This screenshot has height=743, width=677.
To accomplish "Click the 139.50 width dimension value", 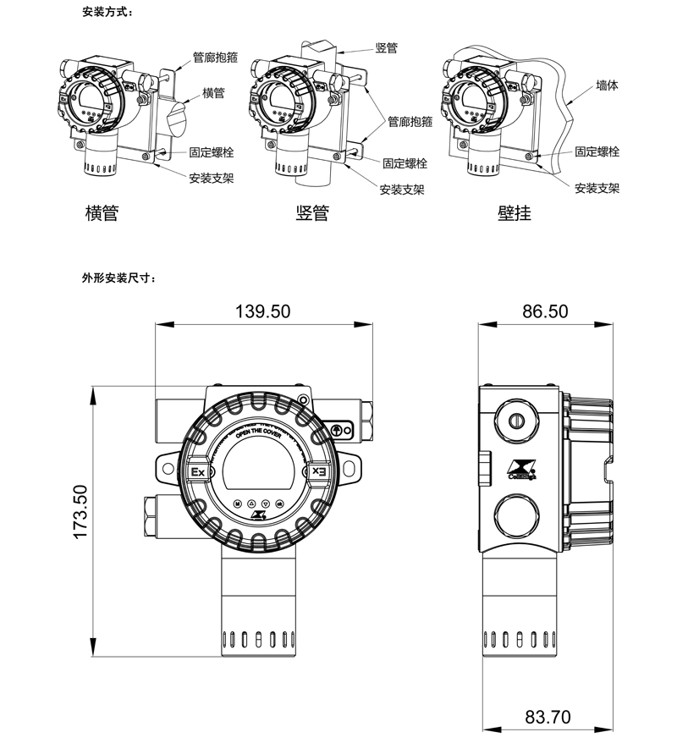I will (x=262, y=311).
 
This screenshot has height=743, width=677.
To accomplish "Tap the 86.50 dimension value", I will (x=544, y=311).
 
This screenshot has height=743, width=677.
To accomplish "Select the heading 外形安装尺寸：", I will (x=119, y=278).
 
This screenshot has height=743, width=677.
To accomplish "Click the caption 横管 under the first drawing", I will (x=102, y=212).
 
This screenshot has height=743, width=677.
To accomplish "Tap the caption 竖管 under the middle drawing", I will (x=311, y=212).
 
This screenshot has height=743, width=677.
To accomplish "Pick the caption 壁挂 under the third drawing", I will (x=514, y=212).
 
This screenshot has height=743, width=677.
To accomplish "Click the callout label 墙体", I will (x=607, y=85).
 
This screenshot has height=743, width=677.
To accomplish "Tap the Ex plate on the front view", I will (x=197, y=471).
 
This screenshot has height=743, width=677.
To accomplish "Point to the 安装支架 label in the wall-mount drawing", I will (x=597, y=188).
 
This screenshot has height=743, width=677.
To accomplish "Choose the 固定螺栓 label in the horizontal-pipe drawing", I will (x=212, y=153).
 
